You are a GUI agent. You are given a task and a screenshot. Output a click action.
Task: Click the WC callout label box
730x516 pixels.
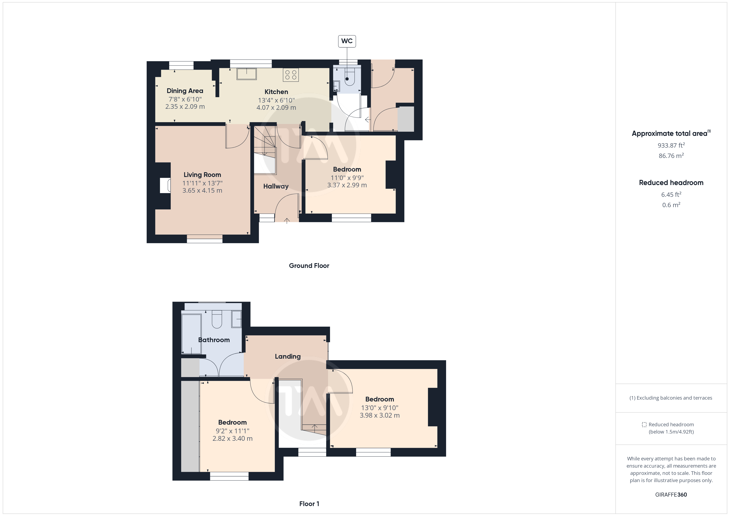point(347,41)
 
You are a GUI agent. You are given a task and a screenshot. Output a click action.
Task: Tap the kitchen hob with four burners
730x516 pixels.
point(291,75)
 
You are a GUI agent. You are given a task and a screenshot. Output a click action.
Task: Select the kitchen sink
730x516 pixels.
point(246,74)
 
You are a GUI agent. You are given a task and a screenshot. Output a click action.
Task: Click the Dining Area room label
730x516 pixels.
point(185,91)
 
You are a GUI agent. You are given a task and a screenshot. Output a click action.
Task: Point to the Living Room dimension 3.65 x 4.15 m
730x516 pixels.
point(202,191)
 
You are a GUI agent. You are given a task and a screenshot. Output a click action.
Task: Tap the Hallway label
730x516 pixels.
point(276,186)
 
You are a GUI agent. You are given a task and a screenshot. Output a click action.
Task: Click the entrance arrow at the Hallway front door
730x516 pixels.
point(287,221)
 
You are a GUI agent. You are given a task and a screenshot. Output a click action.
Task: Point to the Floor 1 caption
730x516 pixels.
point(309,504)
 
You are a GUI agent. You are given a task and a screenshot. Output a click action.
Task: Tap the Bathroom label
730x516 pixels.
point(214,340)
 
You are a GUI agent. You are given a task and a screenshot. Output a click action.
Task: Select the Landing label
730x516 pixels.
point(288,356)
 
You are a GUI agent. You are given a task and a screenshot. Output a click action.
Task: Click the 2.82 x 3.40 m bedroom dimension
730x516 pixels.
point(232,438)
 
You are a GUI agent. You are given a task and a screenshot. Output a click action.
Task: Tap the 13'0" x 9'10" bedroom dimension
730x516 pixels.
point(380,408)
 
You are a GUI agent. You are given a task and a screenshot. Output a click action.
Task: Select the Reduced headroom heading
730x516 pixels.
point(671,183)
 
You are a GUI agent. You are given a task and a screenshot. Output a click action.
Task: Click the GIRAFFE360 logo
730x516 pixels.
point(671,495)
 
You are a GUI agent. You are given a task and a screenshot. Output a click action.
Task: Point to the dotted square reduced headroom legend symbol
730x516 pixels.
point(644,424)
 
